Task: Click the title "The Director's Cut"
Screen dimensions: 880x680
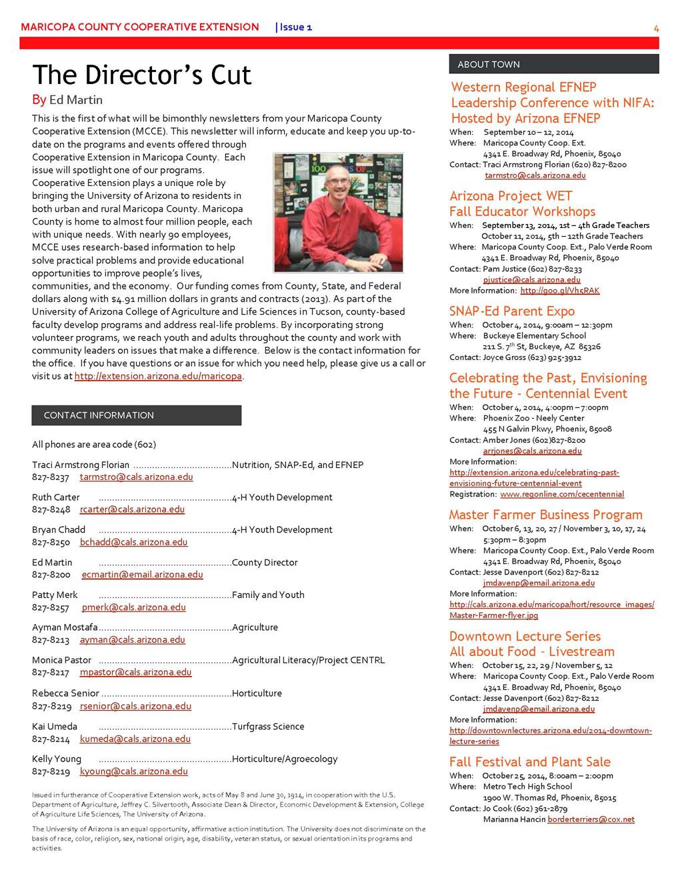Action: point(142,75)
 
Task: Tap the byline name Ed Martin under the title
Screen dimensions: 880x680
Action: point(76,100)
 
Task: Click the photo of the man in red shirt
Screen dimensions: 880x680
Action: point(338,213)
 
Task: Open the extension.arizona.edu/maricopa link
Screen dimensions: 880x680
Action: point(158,377)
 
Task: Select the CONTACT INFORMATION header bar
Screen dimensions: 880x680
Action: point(136,415)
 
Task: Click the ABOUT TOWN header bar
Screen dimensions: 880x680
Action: point(553,65)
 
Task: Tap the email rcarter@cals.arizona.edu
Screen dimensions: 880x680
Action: point(132,510)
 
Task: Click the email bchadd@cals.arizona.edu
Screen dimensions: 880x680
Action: point(133,543)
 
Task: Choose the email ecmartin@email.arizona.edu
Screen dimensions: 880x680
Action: point(142,575)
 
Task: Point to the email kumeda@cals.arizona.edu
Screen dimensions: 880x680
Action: point(135,739)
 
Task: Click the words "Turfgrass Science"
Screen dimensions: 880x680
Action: point(268,727)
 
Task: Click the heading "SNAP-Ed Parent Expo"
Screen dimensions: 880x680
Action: point(511,311)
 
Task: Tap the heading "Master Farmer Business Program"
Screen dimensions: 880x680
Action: point(545,515)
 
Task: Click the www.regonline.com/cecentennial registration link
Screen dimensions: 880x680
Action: point(562,495)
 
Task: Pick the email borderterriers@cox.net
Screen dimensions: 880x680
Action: point(591,819)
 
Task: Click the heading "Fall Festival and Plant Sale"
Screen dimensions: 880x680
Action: point(529,762)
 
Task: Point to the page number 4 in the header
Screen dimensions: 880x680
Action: point(656,28)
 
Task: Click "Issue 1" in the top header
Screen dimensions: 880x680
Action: point(295,27)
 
